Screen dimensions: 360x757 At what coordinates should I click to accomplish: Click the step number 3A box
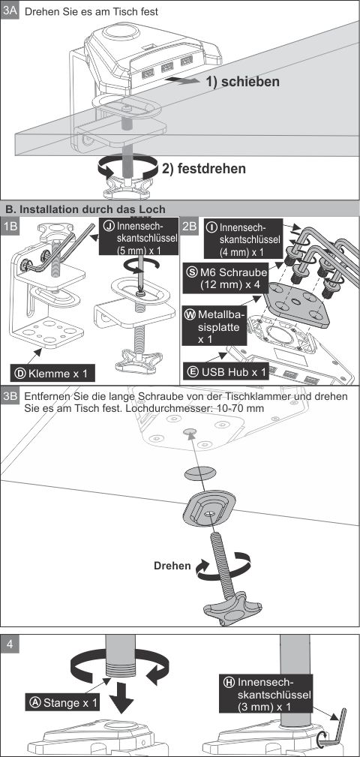point(10,11)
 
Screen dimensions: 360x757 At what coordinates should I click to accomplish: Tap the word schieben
point(250,82)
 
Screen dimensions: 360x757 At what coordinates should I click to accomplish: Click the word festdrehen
point(211,169)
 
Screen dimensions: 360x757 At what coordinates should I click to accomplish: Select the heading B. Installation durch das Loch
point(85,209)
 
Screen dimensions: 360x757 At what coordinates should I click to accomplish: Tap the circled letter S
point(190,272)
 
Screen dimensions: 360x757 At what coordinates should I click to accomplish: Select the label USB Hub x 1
point(226,372)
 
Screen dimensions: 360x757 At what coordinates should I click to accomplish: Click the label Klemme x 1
point(52,373)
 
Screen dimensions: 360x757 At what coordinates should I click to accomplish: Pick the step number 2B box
point(189,227)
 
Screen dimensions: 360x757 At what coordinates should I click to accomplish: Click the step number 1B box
point(10,227)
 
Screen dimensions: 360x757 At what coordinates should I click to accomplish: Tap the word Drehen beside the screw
point(172,566)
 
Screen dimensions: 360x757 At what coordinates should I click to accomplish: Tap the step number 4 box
point(10,644)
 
